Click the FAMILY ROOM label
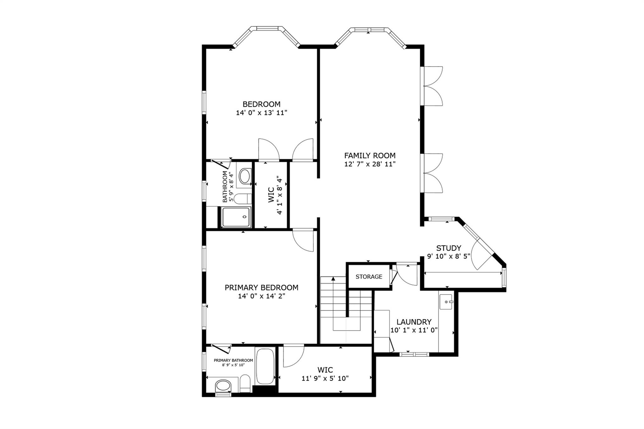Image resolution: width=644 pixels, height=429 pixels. (x=370, y=155)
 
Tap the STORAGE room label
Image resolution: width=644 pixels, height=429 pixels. (x=369, y=277)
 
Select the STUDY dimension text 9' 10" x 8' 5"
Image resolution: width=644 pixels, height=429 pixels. (x=448, y=256)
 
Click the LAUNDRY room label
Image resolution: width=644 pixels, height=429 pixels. (x=414, y=322)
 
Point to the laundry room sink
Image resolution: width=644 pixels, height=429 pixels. (x=446, y=302)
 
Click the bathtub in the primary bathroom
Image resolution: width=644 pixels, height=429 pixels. (x=265, y=366)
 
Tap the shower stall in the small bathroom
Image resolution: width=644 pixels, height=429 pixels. (x=236, y=217)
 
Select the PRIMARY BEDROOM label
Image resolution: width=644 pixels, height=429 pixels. (x=261, y=287)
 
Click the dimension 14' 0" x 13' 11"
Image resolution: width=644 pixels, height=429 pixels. (x=262, y=113)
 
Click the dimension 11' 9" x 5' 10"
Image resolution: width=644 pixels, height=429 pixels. (x=325, y=378)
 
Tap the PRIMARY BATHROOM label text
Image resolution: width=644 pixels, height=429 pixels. (x=233, y=360)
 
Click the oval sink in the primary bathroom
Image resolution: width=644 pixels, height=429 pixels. (x=223, y=385)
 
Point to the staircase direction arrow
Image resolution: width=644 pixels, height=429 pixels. (x=333, y=279)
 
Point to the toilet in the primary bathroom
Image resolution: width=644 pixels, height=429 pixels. (x=245, y=383)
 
